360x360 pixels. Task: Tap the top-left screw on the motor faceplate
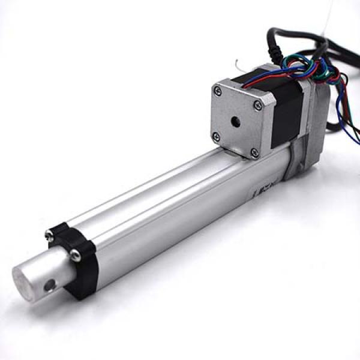click(217, 91)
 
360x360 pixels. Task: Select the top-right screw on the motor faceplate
click(258, 105)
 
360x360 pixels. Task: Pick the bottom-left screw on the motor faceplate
click(217, 136)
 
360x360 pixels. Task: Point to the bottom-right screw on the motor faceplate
click(254, 152)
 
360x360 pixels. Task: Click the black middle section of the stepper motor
click(285, 114)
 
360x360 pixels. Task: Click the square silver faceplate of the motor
click(237, 120)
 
